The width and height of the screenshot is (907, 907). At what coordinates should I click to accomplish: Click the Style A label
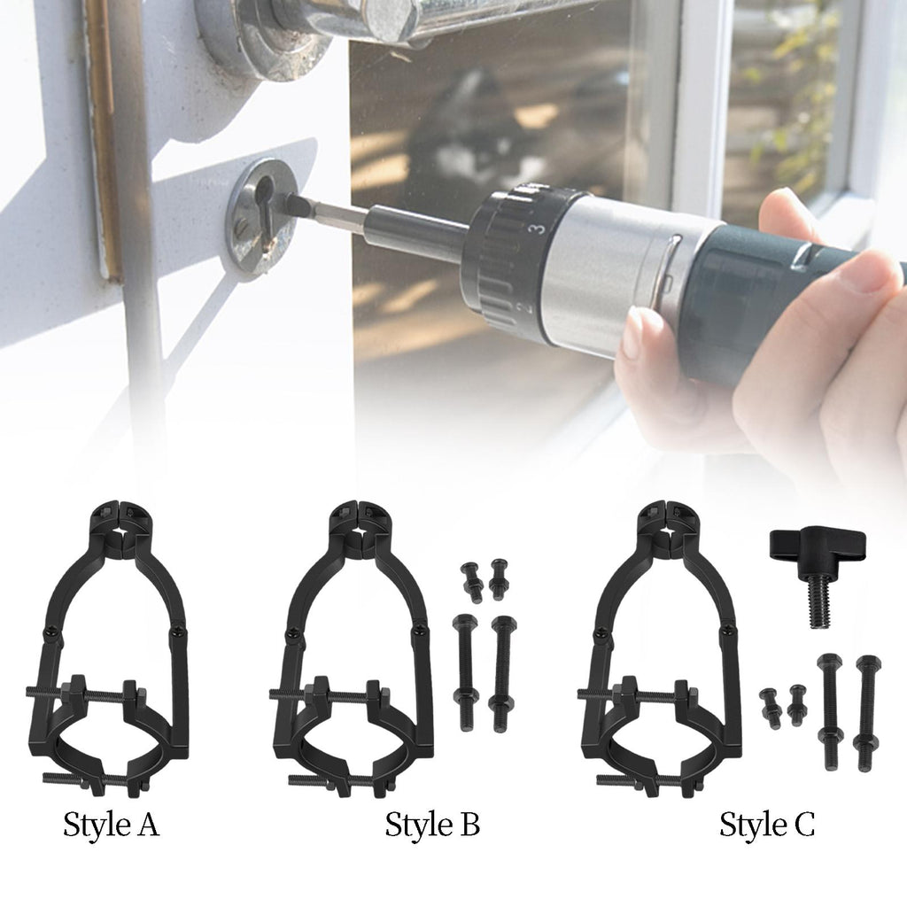(x=111, y=824)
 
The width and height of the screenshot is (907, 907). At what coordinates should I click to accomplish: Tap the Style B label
(x=432, y=824)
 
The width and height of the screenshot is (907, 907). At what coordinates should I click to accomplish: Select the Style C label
(x=767, y=824)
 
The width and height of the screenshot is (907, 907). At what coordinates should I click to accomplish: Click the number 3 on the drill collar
(x=539, y=228)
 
